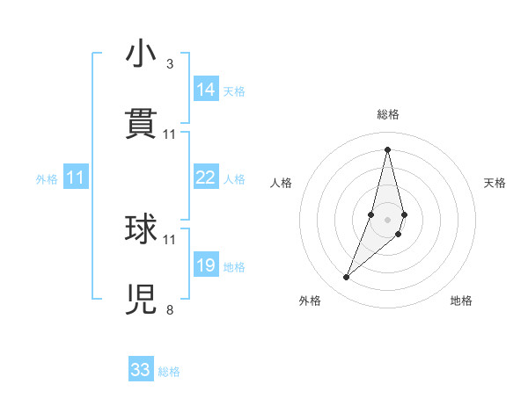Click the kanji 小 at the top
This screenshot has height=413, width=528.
pyautogui.click(x=141, y=54)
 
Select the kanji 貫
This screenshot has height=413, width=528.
pyautogui.click(x=141, y=125)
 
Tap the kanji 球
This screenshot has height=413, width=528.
pyautogui.click(x=141, y=229)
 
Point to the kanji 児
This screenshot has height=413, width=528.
pyautogui.click(x=141, y=300)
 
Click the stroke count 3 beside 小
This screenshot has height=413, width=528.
pyautogui.click(x=170, y=64)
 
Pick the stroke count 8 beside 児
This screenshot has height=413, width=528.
pyautogui.click(x=170, y=309)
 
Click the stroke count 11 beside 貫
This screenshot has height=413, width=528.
pyautogui.click(x=170, y=134)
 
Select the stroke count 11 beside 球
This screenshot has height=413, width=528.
pyautogui.click(x=170, y=239)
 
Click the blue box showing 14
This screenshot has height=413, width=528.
pyautogui.click(x=206, y=90)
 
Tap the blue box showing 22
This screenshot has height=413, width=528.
pyautogui.click(x=206, y=178)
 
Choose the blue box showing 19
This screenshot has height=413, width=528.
pyautogui.click(x=206, y=265)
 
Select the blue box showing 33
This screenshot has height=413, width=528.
pyautogui.click(x=141, y=370)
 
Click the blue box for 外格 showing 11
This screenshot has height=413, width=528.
pyautogui.click(x=76, y=178)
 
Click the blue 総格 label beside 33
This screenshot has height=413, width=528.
pyautogui.click(x=169, y=372)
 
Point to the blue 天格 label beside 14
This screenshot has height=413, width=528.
pyautogui.click(x=234, y=91)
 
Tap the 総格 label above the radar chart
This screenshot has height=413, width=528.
pyautogui.click(x=388, y=114)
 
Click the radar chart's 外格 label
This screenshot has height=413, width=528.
pyautogui.click(x=310, y=301)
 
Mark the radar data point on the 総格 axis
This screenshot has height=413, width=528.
pyautogui.click(x=387, y=149)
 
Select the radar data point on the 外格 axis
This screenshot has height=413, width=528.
pyautogui.click(x=347, y=277)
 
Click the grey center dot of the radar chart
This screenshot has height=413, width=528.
pyautogui.click(x=387, y=219)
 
